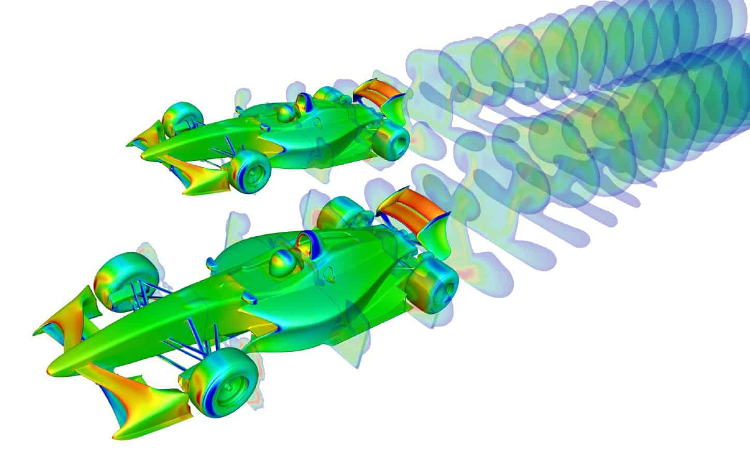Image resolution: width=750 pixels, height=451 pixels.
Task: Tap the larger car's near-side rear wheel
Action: pyautogui.click(x=433, y=283)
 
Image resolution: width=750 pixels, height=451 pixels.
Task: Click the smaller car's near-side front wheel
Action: pyautogui.click(x=251, y=171)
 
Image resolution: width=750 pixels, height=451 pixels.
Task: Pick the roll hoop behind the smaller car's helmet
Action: pyautogui.click(x=302, y=101)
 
